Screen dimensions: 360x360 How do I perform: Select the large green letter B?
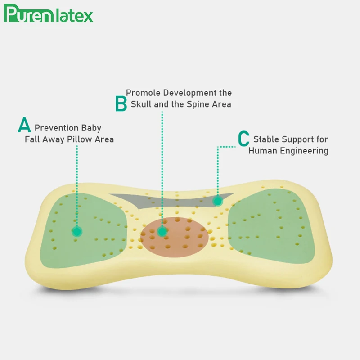(121, 103)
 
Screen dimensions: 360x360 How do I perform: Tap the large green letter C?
(243, 138)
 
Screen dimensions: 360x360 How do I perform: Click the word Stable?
(265, 139)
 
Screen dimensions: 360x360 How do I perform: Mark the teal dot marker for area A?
(77, 231)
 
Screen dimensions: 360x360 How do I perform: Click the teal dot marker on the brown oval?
(162, 231)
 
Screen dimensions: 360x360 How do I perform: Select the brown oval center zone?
(180, 236)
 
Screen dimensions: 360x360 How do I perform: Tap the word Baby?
(91, 128)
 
